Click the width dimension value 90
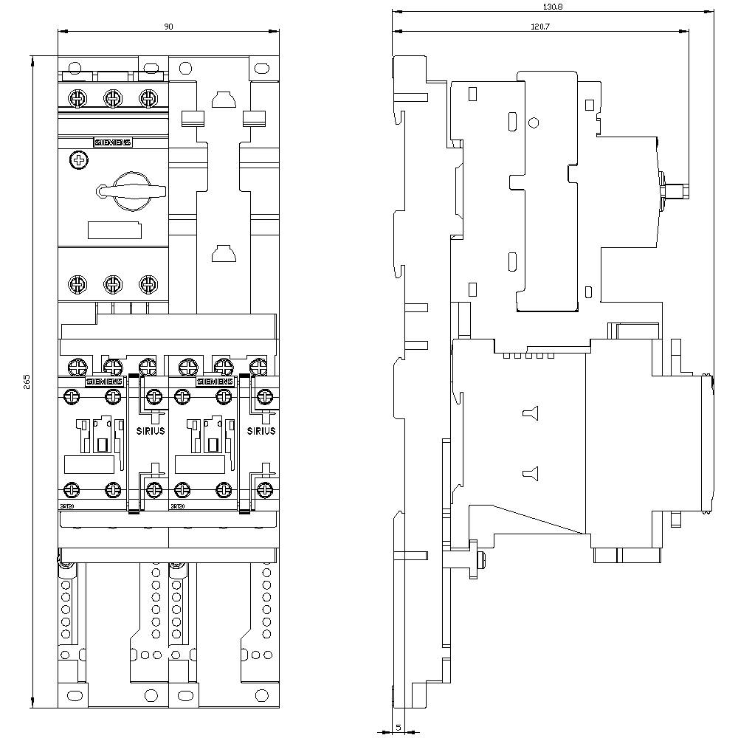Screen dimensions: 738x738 click(168, 27)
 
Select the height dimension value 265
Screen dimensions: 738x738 click(27, 381)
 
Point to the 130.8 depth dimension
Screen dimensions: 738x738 click(553, 6)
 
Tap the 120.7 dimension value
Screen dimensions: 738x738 click(539, 27)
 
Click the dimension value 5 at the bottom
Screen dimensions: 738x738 click(398, 727)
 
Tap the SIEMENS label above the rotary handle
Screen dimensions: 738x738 click(112, 142)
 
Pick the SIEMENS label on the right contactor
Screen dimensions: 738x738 click(214, 382)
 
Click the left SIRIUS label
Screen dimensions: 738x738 click(151, 431)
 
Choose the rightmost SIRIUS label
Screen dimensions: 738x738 click(262, 431)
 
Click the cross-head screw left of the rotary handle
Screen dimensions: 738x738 click(76, 160)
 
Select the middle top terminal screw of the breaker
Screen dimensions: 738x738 click(112, 97)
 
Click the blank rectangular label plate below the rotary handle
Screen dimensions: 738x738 click(114, 230)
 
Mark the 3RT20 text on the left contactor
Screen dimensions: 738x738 click(66, 506)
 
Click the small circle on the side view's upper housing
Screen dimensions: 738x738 click(534, 123)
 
